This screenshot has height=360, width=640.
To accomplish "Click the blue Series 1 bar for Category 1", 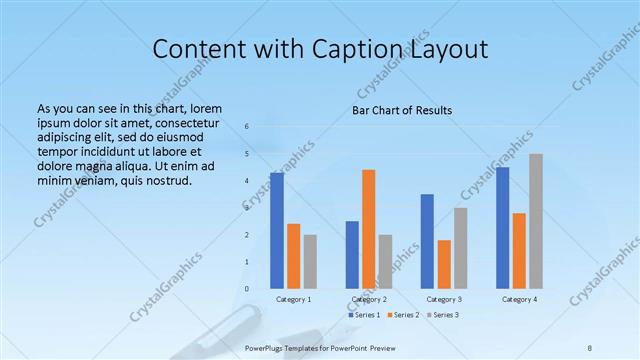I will (x=277, y=231).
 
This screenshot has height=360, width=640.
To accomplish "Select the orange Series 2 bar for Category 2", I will (x=368, y=229).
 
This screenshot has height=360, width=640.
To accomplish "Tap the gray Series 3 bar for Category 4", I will (x=536, y=221).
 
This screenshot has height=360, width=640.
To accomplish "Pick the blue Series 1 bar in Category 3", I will (x=427, y=241).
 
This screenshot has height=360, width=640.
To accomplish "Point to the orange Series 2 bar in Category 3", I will (x=444, y=264).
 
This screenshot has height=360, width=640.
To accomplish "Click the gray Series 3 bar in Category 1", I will (x=310, y=261).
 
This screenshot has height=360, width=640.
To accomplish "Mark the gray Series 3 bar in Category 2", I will (x=385, y=261).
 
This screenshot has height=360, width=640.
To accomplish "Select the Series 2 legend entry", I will (x=403, y=315).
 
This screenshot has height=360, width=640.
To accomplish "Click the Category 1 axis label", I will (x=293, y=299).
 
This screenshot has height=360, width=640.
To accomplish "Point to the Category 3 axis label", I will (x=444, y=299).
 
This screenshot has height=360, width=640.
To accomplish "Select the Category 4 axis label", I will (x=519, y=299).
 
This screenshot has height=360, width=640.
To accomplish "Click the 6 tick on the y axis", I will (x=248, y=127).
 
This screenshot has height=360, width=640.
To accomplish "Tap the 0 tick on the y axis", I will (x=248, y=288).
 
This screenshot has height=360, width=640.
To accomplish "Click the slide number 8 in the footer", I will (x=590, y=347).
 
